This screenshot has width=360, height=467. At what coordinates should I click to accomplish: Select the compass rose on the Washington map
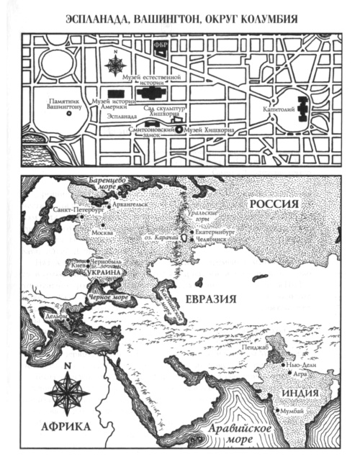tap(114, 65)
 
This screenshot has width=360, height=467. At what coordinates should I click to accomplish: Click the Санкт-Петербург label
tap(77, 211)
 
